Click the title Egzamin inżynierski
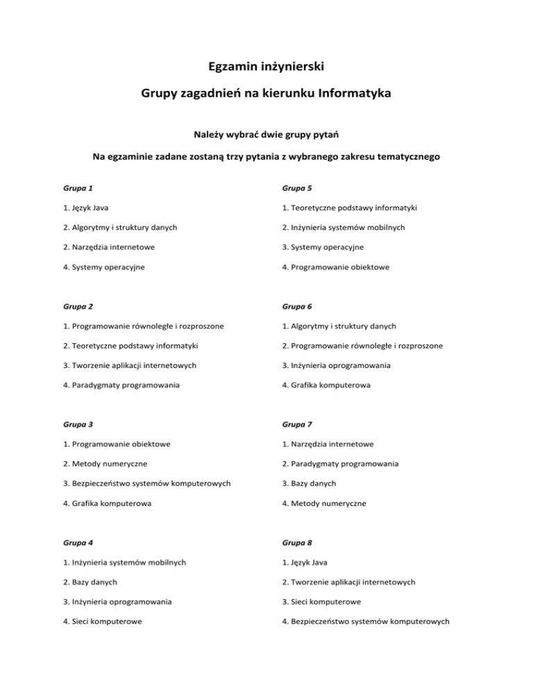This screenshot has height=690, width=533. pos(266,67)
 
